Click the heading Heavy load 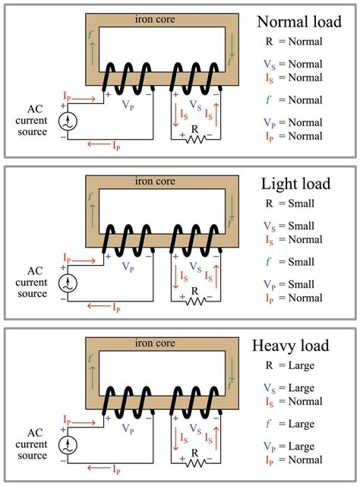point(293,346)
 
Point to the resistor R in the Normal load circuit point(195,137)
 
